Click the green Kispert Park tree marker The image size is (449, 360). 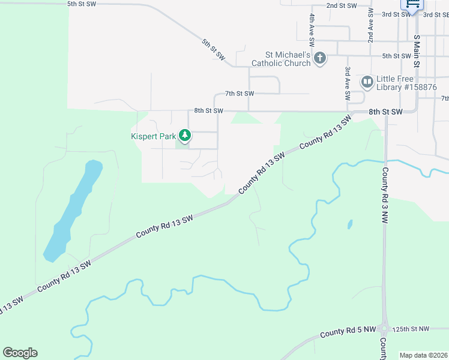(185, 136)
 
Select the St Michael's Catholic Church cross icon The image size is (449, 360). (320, 58)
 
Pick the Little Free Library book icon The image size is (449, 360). (366, 81)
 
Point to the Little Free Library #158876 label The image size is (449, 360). (405, 83)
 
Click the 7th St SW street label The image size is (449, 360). (240, 94)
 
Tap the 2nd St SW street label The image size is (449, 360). (342, 5)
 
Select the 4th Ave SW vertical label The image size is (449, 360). (312, 31)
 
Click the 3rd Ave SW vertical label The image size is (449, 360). (348, 83)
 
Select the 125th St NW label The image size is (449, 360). (411, 329)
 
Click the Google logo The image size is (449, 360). (20, 353)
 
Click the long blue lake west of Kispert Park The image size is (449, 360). (72, 210)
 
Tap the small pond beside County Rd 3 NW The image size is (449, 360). (349, 225)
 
